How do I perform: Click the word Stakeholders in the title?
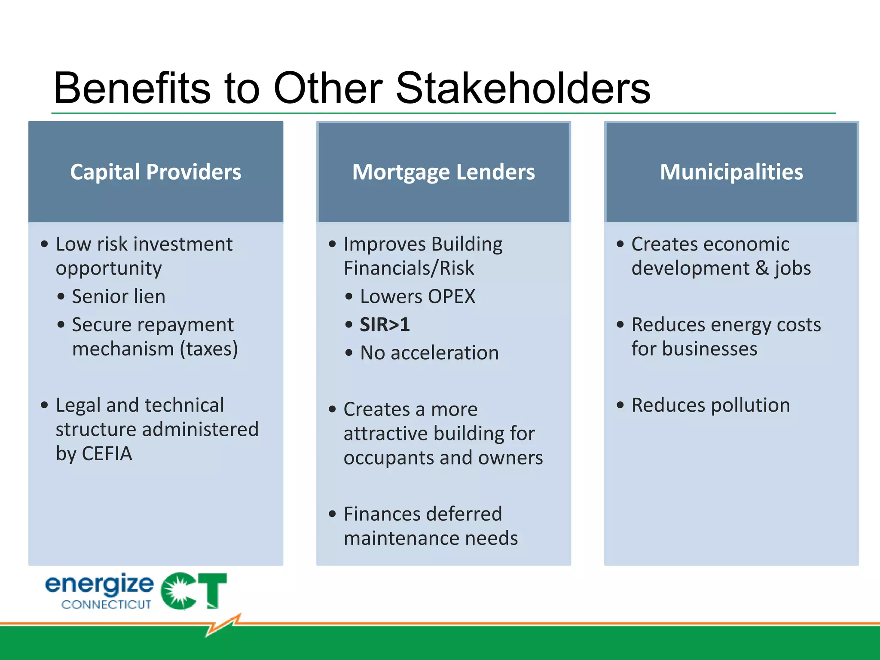click(522, 89)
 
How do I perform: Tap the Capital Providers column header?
click(156, 172)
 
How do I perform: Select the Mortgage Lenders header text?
click(443, 172)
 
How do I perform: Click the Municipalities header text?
click(731, 172)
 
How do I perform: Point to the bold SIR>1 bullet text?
click(385, 324)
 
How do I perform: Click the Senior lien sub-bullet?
click(119, 296)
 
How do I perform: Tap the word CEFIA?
click(107, 454)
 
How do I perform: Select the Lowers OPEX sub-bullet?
click(417, 296)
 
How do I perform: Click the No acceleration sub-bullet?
click(429, 353)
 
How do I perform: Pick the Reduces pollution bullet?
click(710, 405)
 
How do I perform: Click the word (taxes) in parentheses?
click(209, 349)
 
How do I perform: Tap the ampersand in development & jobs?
click(762, 268)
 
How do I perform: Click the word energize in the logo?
click(99, 584)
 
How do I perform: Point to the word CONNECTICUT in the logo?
click(106, 605)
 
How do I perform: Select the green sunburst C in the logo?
click(179, 591)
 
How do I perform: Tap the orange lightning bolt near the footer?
click(223, 625)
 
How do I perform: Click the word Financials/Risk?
click(409, 268)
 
